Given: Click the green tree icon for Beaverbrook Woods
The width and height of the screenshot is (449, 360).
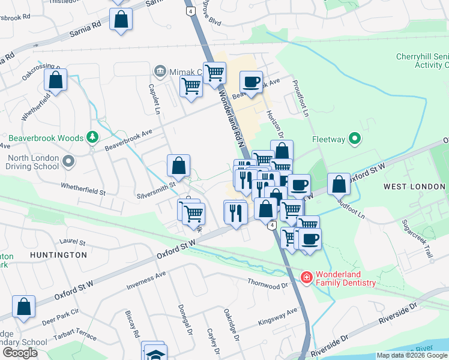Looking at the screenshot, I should (92, 138).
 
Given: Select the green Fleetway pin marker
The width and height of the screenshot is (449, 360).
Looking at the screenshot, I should (355, 139).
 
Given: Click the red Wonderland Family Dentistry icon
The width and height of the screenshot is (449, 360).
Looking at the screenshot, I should (306, 277).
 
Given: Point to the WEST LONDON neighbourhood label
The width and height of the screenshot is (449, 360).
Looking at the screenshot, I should (414, 187).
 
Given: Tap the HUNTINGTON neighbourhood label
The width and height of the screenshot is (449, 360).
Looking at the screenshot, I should (59, 255).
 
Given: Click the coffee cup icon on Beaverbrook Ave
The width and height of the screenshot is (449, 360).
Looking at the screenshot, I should (252, 82).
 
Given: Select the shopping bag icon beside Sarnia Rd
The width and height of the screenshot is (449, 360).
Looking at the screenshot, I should (121, 18).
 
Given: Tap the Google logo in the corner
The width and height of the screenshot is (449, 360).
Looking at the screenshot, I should (20, 353).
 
